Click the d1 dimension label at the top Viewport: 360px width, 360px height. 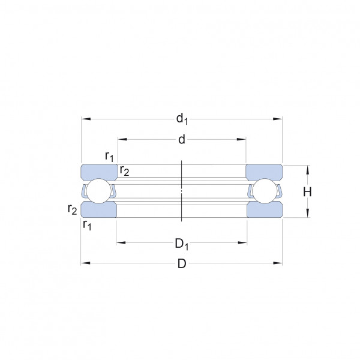(182, 119)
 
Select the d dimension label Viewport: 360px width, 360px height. (182, 139)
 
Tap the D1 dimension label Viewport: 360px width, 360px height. (182, 244)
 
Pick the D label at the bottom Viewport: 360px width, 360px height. (182, 263)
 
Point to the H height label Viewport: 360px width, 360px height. (307, 192)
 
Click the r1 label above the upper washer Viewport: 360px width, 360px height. (109, 157)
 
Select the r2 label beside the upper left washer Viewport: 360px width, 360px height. (124, 171)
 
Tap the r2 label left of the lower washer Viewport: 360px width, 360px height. (73, 209)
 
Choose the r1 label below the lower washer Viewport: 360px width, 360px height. (87, 225)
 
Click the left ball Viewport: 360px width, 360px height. (99, 191)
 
